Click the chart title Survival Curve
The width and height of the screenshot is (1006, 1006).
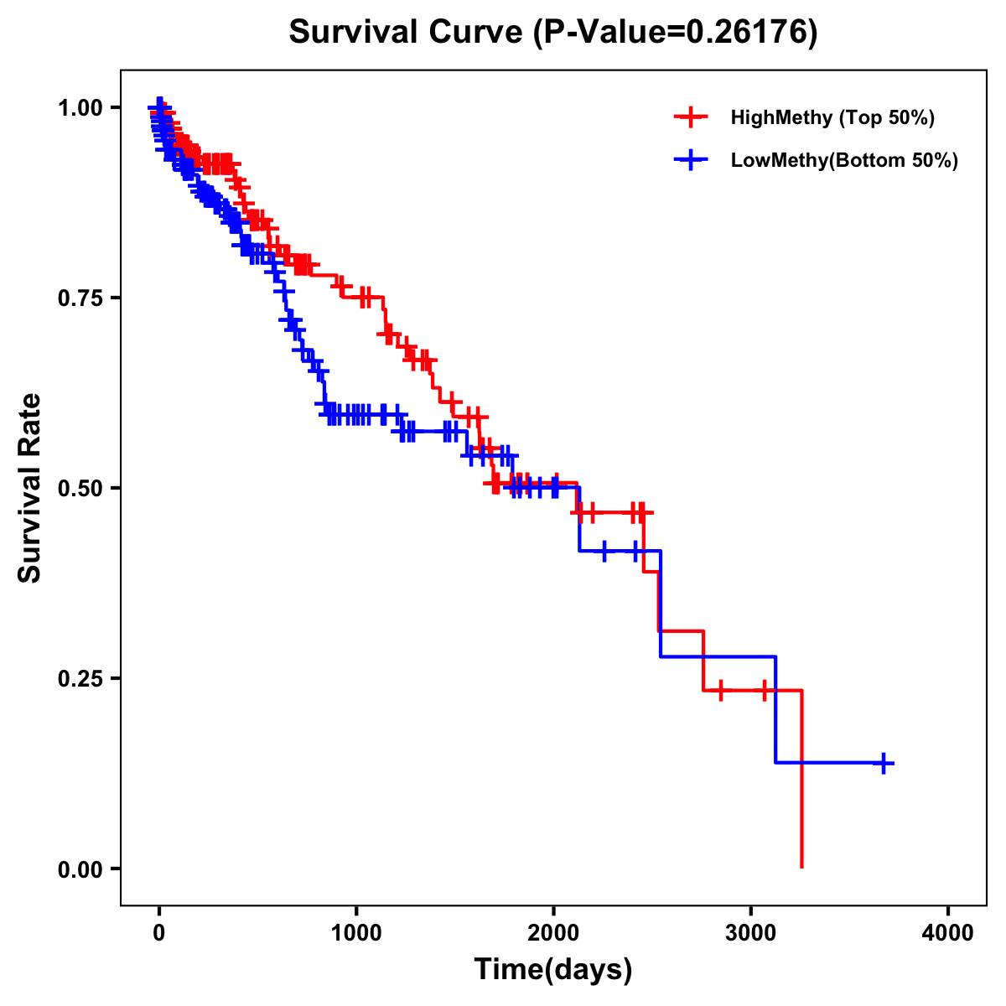coord(407,33)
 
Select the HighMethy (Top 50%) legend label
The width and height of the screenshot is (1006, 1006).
coord(832,117)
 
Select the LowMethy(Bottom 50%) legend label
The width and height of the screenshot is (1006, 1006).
coord(843,160)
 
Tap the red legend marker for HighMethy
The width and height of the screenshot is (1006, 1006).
coord(691,117)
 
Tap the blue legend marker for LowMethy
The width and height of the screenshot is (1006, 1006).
coord(691,160)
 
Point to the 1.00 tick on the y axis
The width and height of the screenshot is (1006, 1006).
coord(79,108)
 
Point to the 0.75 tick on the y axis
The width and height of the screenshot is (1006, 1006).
coord(79,298)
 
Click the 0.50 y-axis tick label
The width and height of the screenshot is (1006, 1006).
coord(79,489)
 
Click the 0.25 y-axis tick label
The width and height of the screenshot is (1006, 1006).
coord(79,679)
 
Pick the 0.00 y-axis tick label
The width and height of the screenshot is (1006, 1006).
coord(79,869)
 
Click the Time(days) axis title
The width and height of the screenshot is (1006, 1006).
coord(553,970)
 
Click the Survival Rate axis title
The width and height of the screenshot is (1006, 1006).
coord(30,488)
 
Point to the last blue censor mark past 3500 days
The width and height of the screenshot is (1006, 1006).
coord(884,763)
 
